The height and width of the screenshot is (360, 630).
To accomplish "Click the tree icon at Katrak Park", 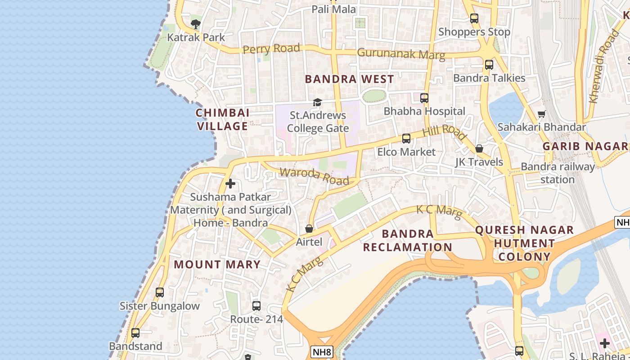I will (195, 24).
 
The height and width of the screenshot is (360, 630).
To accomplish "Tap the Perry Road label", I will (271, 48).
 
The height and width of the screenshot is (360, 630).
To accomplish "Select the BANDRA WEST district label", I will (349, 79).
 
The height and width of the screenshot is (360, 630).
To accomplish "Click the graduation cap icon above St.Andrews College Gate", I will (317, 102).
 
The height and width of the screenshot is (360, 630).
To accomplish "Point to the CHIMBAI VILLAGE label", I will (223, 119).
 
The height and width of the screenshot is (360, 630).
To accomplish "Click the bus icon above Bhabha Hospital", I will (424, 98).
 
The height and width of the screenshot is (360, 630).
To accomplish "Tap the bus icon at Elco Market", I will (406, 139).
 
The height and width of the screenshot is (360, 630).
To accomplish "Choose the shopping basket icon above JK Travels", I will (479, 148).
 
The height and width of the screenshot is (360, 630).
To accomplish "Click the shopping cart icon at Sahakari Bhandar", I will (542, 114).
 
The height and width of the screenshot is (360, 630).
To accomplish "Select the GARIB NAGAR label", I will (585, 146).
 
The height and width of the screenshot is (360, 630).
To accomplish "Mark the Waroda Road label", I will (314, 176).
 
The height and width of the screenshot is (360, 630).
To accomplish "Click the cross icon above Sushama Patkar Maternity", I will (230, 184).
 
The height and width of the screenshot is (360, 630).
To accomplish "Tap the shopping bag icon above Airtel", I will (309, 229).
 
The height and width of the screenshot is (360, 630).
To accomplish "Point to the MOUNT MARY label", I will (217, 264).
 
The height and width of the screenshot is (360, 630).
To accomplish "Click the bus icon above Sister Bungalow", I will (159, 292).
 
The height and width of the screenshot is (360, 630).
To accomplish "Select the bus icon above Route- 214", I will (256, 306).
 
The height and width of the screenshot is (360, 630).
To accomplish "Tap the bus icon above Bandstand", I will (135, 333).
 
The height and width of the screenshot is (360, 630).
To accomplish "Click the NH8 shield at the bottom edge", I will (322, 351).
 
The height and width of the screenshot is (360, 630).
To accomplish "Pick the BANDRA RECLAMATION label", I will (408, 240).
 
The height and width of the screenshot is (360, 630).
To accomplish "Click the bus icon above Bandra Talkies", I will (489, 65).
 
